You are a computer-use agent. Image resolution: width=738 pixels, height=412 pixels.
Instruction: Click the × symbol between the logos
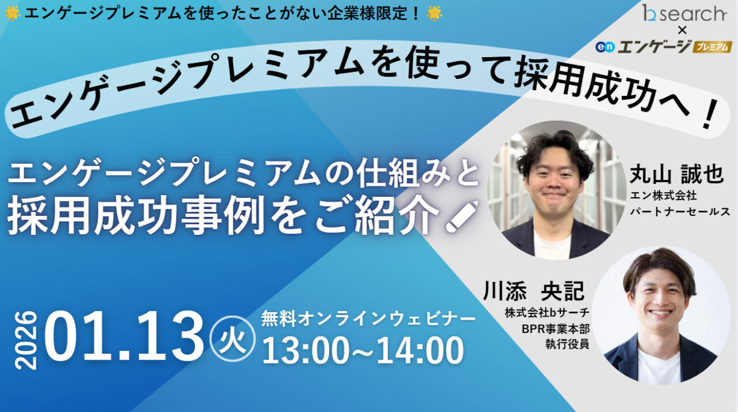pyautogui.click(x=683, y=31)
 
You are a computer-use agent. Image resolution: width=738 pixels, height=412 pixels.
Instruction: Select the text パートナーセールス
pyautogui.click(x=680, y=212)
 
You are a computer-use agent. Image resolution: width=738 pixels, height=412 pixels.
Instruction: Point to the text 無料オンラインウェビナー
pyautogui.click(x=368, y=318)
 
